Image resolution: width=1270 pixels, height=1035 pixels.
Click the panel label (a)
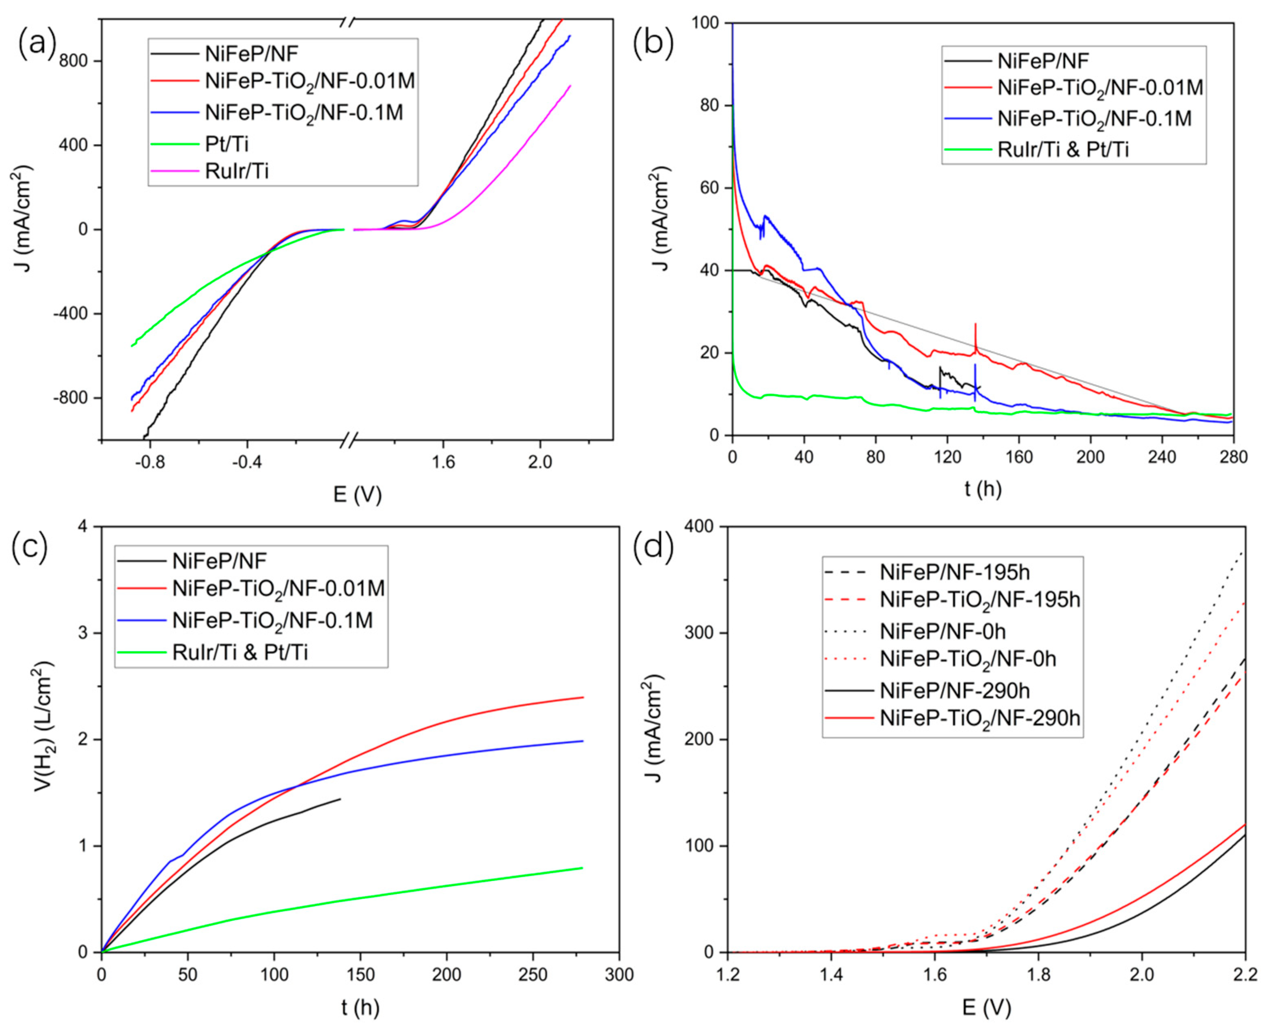point(37,45)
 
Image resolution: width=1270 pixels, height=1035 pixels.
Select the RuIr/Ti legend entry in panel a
point(237,171)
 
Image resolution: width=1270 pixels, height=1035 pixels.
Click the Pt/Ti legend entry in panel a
point(226,144)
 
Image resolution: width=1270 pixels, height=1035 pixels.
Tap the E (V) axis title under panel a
point(357,494)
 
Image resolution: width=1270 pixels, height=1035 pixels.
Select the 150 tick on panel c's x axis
point(360,975)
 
